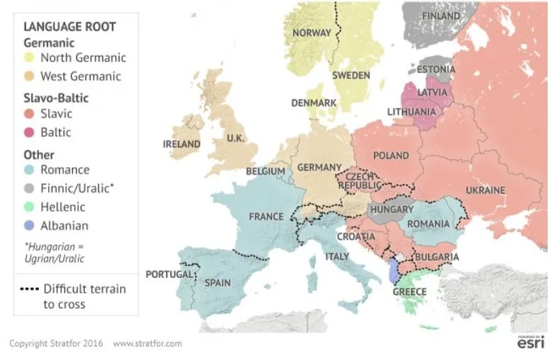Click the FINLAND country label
click(x=440, y=16)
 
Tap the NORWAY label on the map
click(x=312, y=33)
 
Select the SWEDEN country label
click(x=351, y=76)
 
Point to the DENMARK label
click(x=314, y=103)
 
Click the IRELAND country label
click(x=182, y=144)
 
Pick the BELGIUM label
click(x=266, y=171)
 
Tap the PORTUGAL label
click(x=169, y=274)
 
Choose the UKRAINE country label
click(x=485, y=190)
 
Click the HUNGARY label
click(x=391, y=210)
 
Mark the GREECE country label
click(x=409, y=292)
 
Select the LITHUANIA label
click(x=411, y=112)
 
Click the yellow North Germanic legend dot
click(x=29, y=58)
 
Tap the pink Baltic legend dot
click(x=29, y=132)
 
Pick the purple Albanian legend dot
click(x=29, y=226)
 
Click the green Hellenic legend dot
click(x=29, y=207)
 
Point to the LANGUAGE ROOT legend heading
click(x=69, y=27)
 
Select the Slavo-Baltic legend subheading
click(x=56, y=98)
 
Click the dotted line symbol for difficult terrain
click(x=29, y=289)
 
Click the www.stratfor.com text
click(x=147, y=344)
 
